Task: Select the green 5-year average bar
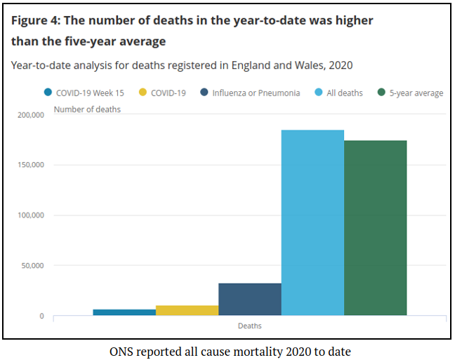375,228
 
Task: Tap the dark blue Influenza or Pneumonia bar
249,299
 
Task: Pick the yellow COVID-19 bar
187,310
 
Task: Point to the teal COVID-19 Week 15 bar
124,312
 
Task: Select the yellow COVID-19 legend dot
143,93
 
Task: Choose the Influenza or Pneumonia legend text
256,93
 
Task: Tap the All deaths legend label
343,93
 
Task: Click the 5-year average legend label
416,93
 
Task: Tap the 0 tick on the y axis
41,316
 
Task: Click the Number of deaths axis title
87,109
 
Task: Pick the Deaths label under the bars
249,326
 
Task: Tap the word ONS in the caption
121,350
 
